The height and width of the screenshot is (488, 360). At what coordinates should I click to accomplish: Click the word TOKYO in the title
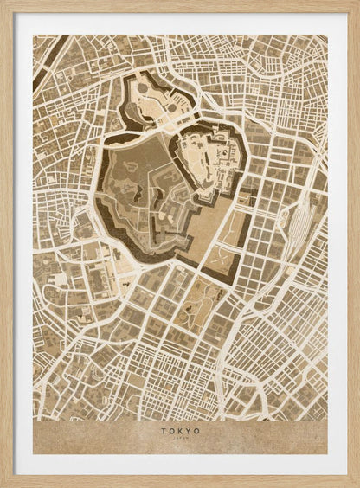click(180, 430)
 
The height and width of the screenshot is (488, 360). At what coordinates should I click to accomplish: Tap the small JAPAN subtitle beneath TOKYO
click(180, 439)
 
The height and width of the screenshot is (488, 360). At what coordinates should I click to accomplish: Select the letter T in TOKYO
click(162, 430)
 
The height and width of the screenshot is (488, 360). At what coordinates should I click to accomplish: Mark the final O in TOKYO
click(197, 430)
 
